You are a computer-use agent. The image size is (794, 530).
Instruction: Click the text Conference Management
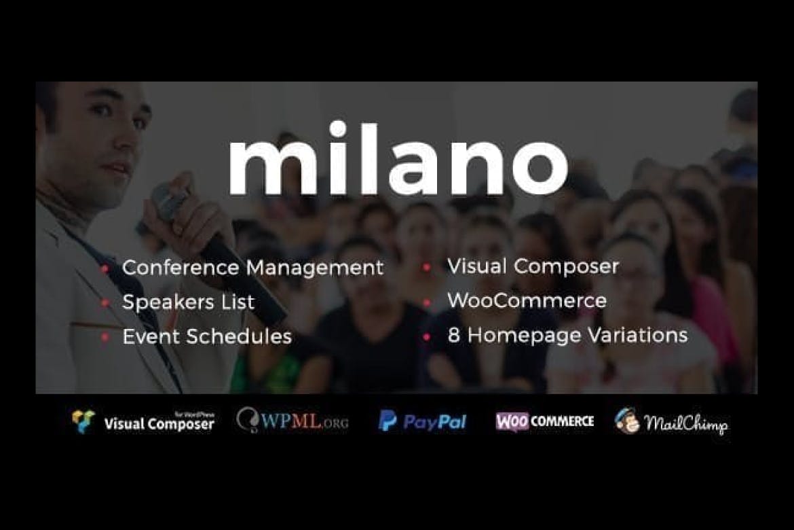252,268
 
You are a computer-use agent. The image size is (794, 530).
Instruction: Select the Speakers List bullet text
188,302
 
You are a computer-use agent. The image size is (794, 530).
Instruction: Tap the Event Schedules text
207,336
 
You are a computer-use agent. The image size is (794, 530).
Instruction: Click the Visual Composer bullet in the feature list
533,266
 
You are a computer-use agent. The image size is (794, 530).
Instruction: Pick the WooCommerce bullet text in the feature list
527,300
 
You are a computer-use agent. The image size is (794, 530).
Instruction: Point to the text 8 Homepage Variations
567,335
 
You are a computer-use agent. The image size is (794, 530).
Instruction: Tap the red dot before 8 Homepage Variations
426,336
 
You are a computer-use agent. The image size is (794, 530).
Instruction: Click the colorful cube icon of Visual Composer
83,421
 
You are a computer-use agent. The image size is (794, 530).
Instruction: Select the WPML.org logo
292,421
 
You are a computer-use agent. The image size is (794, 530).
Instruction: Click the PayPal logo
422,421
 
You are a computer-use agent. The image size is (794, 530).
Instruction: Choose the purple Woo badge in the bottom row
512,421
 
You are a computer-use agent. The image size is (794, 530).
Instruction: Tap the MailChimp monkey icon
626,421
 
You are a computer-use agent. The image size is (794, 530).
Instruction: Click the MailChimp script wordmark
685,424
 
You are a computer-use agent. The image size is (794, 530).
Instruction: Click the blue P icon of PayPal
387,421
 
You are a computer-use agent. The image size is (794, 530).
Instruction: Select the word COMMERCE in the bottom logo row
563,421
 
